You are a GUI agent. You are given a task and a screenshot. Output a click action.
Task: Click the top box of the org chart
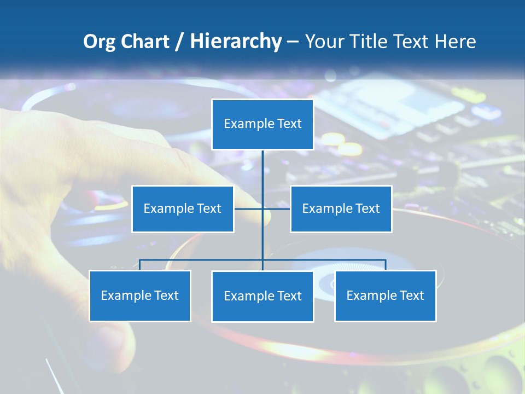click(262, 124)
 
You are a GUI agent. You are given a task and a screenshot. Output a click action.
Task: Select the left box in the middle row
click(183, 208)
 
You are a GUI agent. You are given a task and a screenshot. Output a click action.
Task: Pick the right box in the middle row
click(341, 208)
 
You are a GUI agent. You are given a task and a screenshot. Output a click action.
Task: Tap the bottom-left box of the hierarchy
click(139, 296)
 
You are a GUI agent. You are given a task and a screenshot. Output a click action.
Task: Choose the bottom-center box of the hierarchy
click(262, 296)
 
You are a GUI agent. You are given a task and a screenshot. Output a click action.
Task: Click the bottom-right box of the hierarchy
click(385, 296)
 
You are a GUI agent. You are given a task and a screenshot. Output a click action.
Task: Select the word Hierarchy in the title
click(235, 42)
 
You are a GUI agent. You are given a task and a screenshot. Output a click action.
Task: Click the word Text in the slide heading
click(411, 42)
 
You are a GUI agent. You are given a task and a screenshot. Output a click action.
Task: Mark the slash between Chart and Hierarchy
click(179, 42)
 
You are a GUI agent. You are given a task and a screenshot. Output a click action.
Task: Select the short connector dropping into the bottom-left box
click(139, 265)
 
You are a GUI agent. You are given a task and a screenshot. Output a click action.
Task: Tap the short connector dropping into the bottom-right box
click(386, 265)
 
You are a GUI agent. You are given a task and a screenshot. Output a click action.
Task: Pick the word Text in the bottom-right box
click(412, 296)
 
